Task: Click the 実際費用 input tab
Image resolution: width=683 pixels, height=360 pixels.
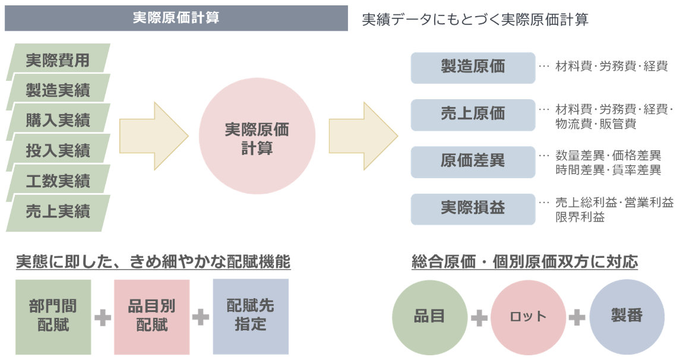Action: tap(58, 61)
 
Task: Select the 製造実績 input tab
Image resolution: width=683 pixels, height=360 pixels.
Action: tap(58, 91)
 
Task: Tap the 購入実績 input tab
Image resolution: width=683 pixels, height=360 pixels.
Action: tap(58, 121)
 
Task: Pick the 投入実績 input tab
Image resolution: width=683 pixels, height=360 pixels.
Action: tap(58, 151)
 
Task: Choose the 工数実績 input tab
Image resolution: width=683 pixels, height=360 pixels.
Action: tap(58, 181)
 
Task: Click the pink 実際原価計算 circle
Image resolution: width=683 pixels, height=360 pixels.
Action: tap(257, 138)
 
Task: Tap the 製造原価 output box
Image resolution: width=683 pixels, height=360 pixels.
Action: tap(473, 67)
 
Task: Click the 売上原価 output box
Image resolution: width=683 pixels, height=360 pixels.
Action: tap(473, 114)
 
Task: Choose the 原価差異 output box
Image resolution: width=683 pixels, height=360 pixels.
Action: tap(473, 161)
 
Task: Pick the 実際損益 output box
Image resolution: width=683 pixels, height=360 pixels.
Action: tap(473, 208)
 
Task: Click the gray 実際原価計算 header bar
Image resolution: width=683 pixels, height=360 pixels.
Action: tap(176, 18)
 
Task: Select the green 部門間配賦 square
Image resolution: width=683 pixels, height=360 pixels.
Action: tap(53, 317)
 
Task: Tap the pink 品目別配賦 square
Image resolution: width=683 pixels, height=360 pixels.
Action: tap(151, 317)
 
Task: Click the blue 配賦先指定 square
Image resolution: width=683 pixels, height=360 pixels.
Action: tap(250, 317)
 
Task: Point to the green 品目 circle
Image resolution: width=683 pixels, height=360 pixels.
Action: tap(429, 317)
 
